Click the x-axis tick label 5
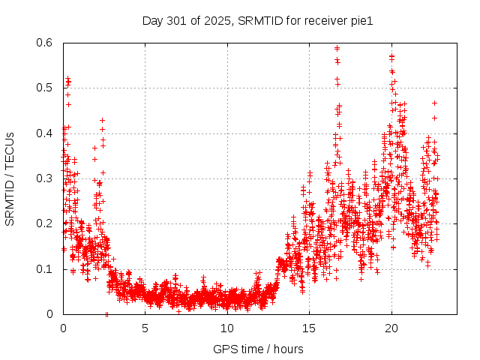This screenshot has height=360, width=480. [x=145, y=328]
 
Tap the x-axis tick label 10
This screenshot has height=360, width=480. [x=226, y=328]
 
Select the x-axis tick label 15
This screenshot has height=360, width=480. [x=309, y=328]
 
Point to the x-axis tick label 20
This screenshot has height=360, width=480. [x=391, y=328]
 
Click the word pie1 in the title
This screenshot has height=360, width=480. [x=361, y=21]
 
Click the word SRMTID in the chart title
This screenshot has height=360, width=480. [x=258, y=21]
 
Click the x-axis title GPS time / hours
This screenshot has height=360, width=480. [x=258, y=349]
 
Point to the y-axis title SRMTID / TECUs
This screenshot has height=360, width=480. [x=10, y=178]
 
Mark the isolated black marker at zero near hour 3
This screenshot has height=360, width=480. [x=107, y=314]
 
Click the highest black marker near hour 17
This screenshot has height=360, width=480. [x=337, y=48]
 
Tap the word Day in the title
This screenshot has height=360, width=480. [x=152, y=21]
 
